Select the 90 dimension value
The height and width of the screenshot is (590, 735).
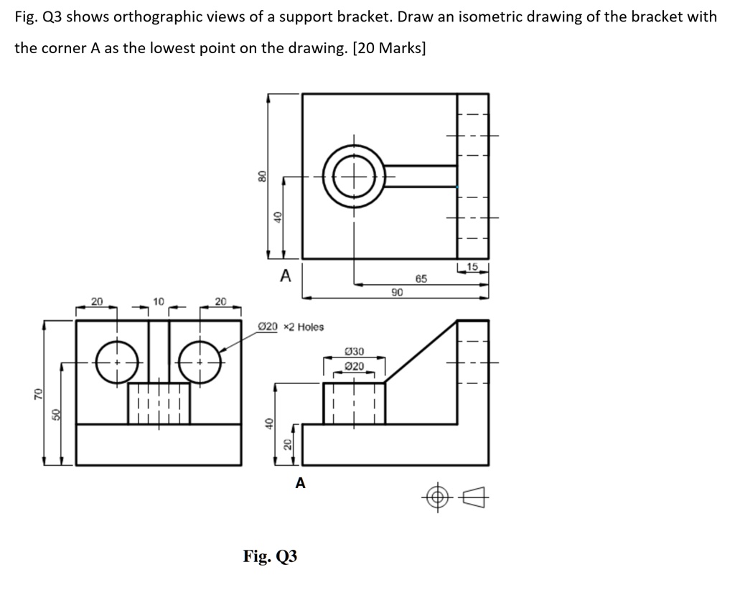(397, 291)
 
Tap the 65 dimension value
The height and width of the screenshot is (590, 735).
(421, 278)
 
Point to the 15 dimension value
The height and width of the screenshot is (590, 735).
(472, 268)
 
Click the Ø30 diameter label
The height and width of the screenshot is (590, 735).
(355, 352)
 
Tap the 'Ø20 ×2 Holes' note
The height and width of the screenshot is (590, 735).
(291, 327)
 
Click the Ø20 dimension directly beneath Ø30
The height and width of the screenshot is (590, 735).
(355, 366)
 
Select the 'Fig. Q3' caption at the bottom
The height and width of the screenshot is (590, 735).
(270, 556)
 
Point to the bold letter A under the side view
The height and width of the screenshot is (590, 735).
(300, 484)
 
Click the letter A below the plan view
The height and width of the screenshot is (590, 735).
(285, 275)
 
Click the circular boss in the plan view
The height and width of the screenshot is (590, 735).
(352, 175)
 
